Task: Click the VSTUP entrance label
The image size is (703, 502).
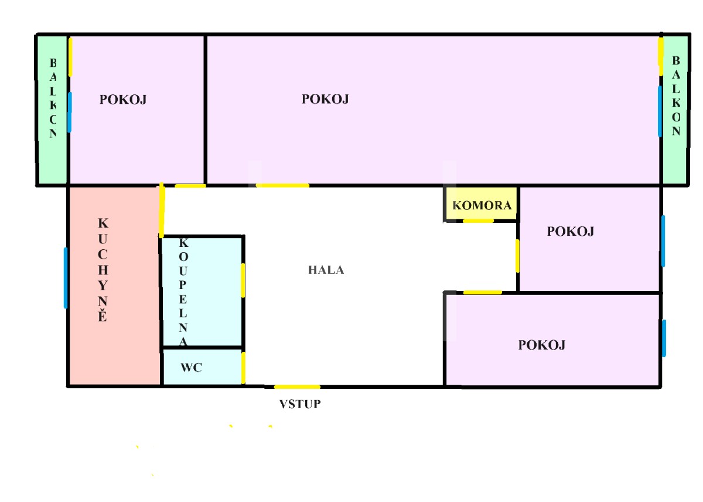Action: click(300, 404)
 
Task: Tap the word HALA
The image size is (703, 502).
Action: click(326, 270)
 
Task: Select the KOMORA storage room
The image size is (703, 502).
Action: click(482, 203)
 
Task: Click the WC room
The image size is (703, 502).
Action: click(203, 367)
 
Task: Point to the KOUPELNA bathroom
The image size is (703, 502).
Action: click(203, 292)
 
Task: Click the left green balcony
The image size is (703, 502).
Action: click(52, 110)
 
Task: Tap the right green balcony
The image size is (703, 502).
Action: click(675, 110)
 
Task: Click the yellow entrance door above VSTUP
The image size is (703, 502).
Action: click(297, 386)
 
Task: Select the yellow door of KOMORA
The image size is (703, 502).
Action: click(478, 221)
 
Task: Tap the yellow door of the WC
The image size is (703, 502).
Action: click(243, 368)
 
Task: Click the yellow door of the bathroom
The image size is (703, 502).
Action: click(243, 280)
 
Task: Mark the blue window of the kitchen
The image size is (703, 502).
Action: click(66, 278)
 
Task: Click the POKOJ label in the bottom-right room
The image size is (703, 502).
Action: click(542, 345)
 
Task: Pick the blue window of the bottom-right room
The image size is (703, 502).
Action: click(664, 338)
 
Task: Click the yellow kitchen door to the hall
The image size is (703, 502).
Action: click(162, 210)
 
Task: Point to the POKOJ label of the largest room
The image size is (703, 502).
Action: click(325, 99)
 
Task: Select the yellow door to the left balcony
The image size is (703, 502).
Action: click(71, 56)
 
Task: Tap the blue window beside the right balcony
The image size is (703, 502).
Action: click(660, 111)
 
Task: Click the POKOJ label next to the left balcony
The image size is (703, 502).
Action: click(123, 100)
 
